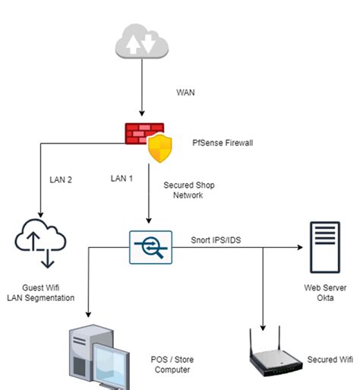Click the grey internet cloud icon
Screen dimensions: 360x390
[142, 41]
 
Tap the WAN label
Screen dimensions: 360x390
[185, 93]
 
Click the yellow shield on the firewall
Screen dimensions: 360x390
[160, 148]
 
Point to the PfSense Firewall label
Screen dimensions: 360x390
[223, 143]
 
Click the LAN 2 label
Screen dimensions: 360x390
[61, 179]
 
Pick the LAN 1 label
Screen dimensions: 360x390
[122, 179]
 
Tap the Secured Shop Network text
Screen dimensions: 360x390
[189, 190]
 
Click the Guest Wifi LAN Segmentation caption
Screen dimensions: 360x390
[41, 293]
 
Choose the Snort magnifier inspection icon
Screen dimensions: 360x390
[151, 247]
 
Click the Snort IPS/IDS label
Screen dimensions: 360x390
[216, 240]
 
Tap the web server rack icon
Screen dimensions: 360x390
[325, 247]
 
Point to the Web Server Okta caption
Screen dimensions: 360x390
[325, 293]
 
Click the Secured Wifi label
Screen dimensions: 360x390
[330, 360]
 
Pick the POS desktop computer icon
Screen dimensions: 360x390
[99, 357]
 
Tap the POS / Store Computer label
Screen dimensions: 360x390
[172, 364]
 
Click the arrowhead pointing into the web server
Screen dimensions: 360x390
[300, 247]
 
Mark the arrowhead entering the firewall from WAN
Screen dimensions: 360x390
[142, 113]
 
